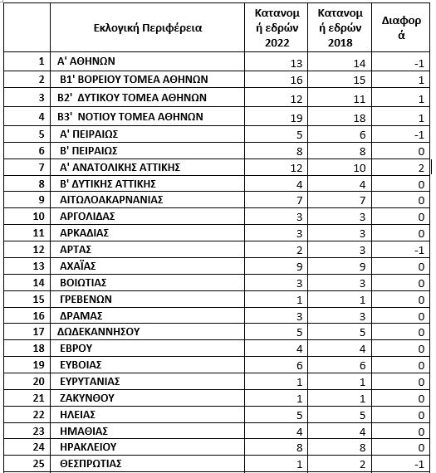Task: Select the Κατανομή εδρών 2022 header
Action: tap(277, 27)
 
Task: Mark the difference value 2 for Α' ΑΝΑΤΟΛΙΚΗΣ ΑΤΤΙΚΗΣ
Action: tap(422, 167)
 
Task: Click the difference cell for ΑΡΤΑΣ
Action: tap(421, 250)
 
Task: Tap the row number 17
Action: tap(38, 331)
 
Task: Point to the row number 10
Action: tap(38, 217)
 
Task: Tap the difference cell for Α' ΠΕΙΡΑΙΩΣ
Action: tap(421, 134)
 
